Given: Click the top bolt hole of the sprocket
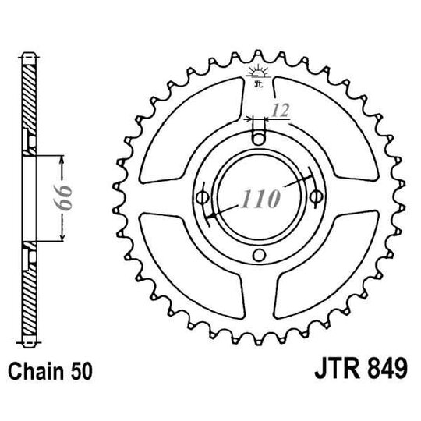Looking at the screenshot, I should (259, 139).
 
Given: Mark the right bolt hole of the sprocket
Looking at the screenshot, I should (316, 196).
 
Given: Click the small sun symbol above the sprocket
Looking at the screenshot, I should (258, 76).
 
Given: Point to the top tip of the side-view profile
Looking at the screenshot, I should (29, 55).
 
